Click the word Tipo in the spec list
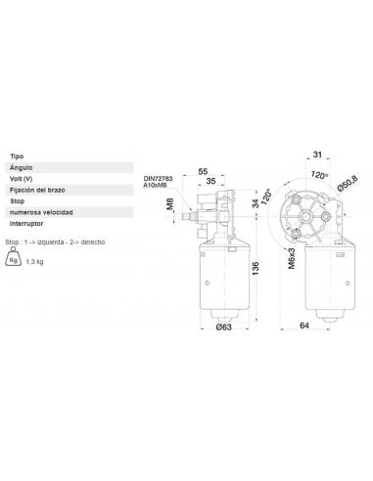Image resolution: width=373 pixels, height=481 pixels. point(17,156)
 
